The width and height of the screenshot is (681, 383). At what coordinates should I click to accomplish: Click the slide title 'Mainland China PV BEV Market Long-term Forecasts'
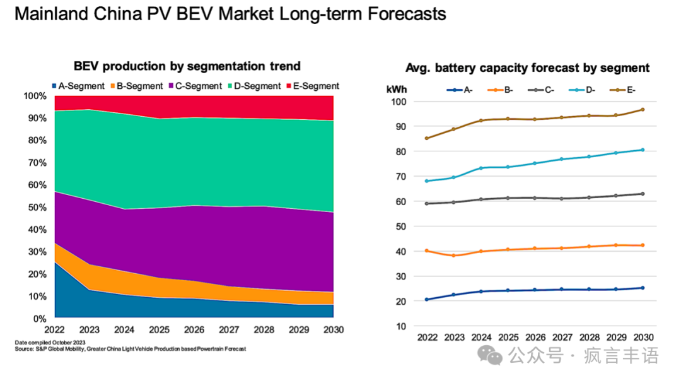coord(230,15)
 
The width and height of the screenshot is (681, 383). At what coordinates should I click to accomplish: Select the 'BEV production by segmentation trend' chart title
coord(187,66)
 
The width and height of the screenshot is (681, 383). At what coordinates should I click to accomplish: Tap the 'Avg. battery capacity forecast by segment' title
coord(527,68)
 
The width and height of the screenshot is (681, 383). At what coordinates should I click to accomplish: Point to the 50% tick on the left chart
coord(35,207)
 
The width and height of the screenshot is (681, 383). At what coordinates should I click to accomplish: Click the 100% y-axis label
coord(34,96)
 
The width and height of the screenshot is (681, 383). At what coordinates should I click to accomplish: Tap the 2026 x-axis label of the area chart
coord(194,330)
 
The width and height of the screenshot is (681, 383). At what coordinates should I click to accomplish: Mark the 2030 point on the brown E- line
coord(642,110)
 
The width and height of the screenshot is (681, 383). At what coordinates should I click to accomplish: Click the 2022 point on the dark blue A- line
coord(426,300)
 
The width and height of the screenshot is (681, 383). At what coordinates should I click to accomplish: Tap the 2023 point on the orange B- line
coord(453,256)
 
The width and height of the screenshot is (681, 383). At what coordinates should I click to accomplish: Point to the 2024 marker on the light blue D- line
coord(480,168)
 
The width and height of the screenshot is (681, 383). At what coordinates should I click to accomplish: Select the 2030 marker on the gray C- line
coord(642,194)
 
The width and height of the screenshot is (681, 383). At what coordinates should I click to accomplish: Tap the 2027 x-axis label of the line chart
coord(561,338)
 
